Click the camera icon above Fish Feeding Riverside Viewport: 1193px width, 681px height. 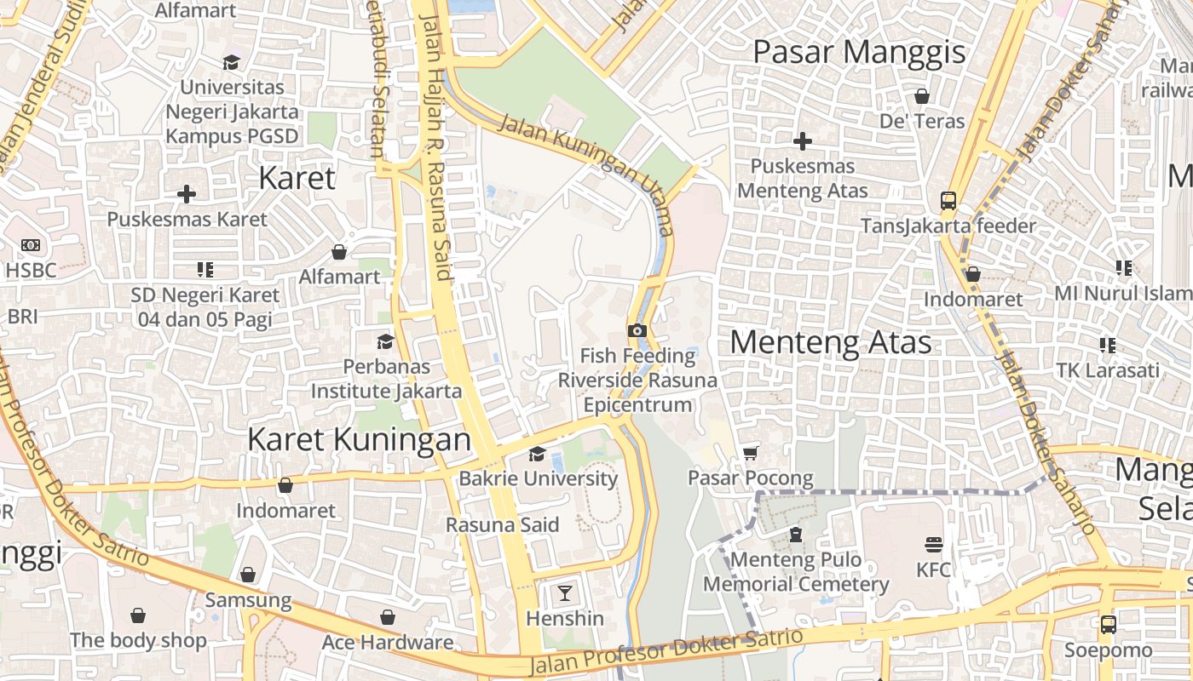point(637,330)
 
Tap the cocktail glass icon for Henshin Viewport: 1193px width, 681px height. point(564,592)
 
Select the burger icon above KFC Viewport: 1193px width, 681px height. point(934,544)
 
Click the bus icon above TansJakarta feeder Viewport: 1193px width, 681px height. point(948,201)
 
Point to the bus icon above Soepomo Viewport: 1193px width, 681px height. point(1108,624)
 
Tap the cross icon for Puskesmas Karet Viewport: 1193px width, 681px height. point(187,194)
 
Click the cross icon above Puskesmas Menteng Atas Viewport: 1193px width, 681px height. point(802,141)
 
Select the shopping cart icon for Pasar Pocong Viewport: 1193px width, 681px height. point(750,453)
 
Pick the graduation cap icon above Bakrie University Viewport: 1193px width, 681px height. point(537,454)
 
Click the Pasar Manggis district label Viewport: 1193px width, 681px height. point(859,52)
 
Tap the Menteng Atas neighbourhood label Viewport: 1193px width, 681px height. point(830,342)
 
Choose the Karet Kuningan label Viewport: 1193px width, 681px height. point(359,439)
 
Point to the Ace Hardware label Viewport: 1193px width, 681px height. point(387,642)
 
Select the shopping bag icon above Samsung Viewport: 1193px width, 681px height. point(248,575)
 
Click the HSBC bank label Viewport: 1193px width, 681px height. point(31,270)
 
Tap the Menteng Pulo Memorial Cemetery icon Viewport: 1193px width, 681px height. point(795,535)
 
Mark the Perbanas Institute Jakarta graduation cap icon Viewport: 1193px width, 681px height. point(385,341)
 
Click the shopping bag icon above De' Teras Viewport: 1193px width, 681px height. point(921,96)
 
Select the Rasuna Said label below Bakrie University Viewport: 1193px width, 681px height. point(503,524)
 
